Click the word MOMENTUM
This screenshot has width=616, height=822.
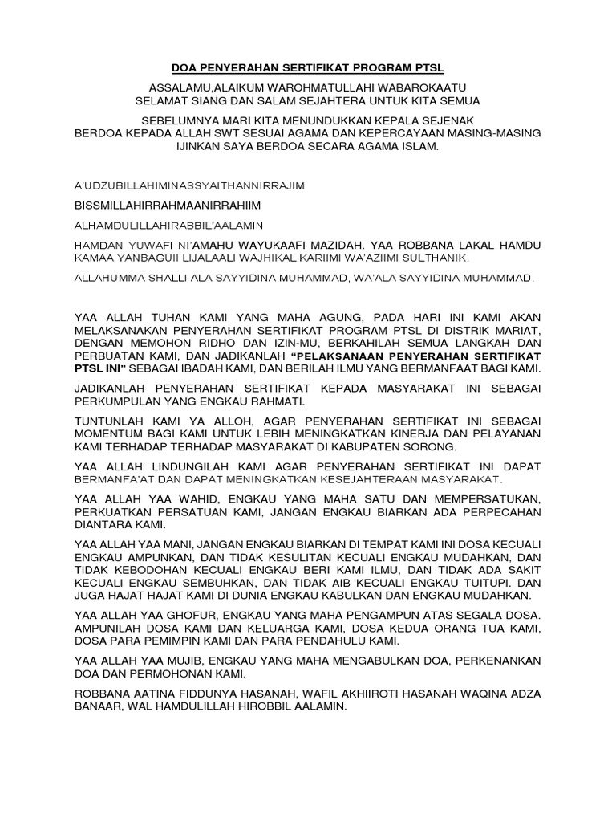click(x=108, y=433)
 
